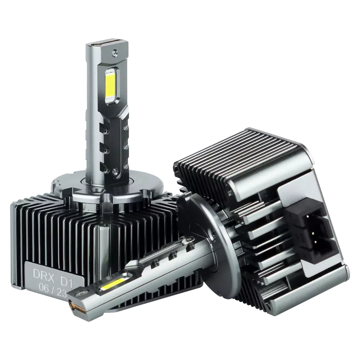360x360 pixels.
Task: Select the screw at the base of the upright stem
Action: pos(115,171)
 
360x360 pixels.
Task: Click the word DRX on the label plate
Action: pos(44,273)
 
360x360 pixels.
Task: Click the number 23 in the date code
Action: pos(62,294)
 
